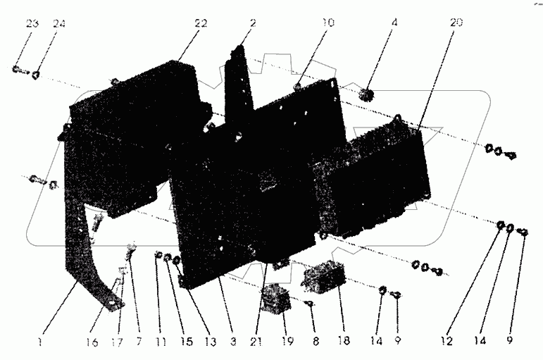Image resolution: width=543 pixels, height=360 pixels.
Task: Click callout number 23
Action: point(32,23)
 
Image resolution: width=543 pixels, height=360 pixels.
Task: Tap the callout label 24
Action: point(58,23)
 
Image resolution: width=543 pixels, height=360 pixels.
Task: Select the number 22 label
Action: point(201,24)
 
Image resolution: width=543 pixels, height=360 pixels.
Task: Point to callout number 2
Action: point(251,23)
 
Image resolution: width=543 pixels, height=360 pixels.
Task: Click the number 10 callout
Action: point(329,23)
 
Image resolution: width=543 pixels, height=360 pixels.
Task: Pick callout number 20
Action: point(456,23)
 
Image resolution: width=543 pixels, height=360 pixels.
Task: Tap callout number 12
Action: point(445,342)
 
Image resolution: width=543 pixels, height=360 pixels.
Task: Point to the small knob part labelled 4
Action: point(365,95)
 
